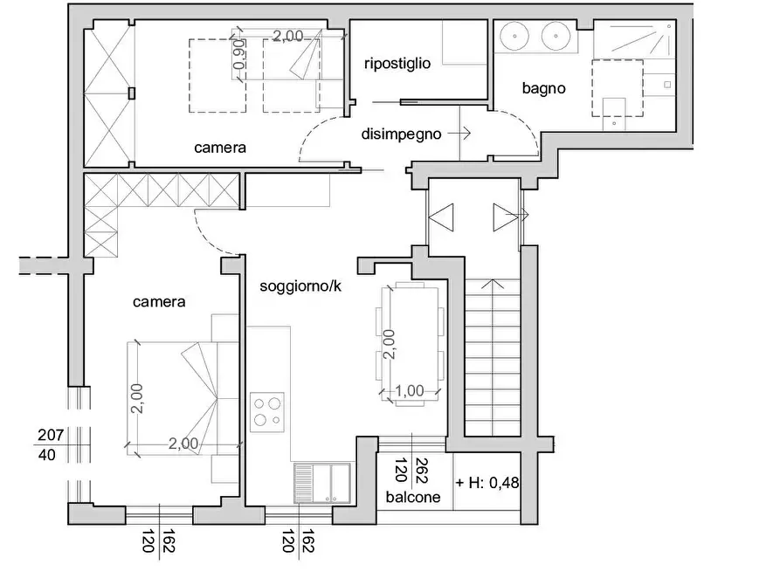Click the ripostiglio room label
[x=397, y=64]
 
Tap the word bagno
[x=543, y=88]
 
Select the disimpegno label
[x=401, y=134]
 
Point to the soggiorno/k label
[x=300, y=286]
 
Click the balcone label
[x=413, y=497]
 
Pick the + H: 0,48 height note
[x=487, y=482]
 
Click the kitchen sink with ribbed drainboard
[x=321, y=483]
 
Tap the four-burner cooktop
[x=267, y=412]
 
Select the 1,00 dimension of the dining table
[x=410, y=391]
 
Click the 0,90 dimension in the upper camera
[x=239, y=54]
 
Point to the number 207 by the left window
[x=51, y=436]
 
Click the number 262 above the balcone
[x=421, y=471]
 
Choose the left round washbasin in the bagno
[x=514, y=35]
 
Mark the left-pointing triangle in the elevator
[x=441, y=217]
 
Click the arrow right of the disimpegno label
[x=459, y=134]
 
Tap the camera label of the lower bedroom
[x=159, y=302]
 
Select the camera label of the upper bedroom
[x=220, y=148]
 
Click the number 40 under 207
[x=47, y=455]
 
